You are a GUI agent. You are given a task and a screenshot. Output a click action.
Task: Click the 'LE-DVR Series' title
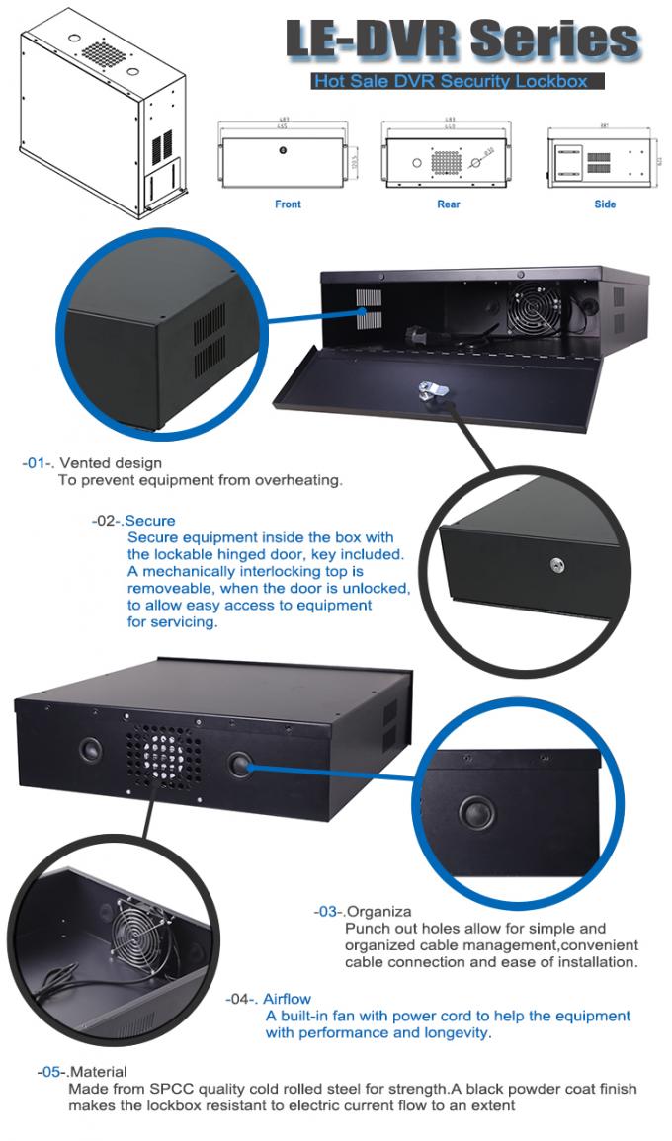[462, 39]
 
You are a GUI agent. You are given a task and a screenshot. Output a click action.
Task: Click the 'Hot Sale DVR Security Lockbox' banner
[457, 81]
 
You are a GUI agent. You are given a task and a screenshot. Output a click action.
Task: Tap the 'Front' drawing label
[288, 204]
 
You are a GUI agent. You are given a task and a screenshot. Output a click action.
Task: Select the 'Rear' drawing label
[448, 204]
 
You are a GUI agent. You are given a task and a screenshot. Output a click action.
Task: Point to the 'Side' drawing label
[605, 204]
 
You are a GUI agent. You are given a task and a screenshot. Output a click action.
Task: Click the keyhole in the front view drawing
[283, 150]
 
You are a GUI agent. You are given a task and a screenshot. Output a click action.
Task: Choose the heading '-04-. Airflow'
[268, 999]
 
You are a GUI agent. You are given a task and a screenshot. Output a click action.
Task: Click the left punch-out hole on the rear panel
[88, 748]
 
